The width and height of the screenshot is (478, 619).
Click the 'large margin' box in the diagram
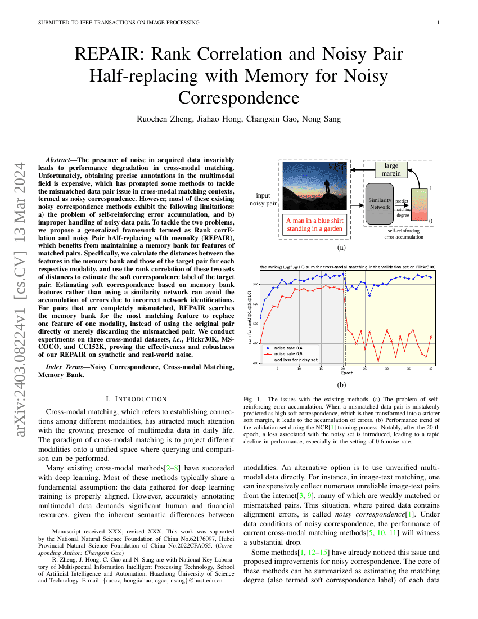[392, 169]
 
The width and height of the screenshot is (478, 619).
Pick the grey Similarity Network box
[380, 204]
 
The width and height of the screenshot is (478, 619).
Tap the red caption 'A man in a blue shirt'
[314, 220]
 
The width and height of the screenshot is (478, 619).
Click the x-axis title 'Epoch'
[348, 373]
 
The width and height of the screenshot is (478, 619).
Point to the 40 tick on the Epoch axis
[431, 369]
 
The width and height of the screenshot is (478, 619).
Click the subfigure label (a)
[341, 247]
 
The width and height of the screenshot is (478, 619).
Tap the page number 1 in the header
[438, 23]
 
